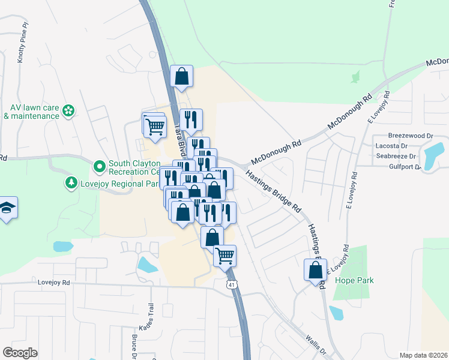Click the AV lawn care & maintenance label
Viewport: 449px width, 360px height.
click(x=30, y=112)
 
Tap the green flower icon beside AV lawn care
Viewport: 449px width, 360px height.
click(x=68, y=110)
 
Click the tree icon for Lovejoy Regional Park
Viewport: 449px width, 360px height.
click(x=71, y=181)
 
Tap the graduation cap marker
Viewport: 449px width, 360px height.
click(x=7, y=208)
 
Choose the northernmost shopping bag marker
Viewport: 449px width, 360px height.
click(x=181, y=76)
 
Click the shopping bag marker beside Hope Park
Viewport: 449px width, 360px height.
click(x=315, y=270)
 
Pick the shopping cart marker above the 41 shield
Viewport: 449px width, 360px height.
click(x=225, y=256)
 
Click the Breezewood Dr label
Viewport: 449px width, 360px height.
click(x=410, y=136)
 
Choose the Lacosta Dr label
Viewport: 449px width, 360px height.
click(x=407, y=146)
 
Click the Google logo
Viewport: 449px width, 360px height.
click(x=20, y=353)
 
